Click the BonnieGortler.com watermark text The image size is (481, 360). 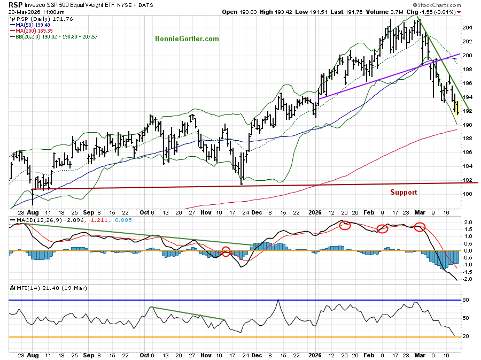187,39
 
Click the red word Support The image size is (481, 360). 404,193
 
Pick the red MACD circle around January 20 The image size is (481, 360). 345,225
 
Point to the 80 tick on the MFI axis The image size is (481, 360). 466,300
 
